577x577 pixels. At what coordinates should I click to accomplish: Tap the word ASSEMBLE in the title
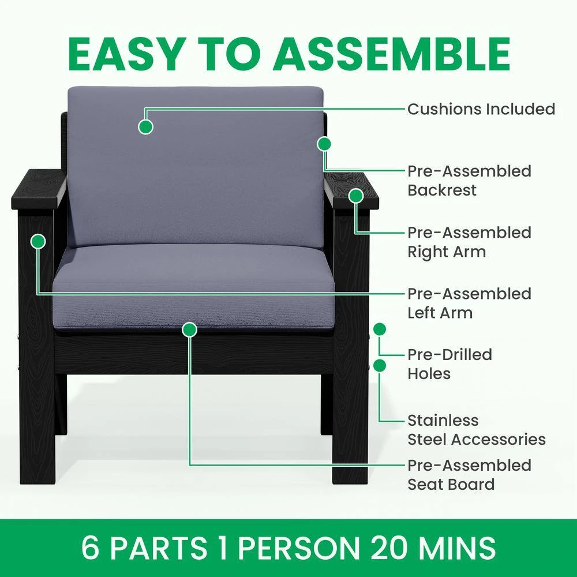point(392,54)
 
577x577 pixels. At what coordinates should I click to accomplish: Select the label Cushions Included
point(481,109)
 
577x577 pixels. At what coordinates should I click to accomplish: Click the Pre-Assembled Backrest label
point(469,181)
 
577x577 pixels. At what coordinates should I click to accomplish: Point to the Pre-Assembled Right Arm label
point(469,242)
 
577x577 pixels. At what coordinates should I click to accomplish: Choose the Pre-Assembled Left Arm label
point(469,304)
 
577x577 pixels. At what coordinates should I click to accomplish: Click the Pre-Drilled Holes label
point(449,364)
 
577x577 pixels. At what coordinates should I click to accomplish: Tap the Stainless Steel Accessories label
point(477,430)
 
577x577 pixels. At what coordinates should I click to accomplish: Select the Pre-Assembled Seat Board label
point(469,475)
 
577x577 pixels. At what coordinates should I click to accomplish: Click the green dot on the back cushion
point(146,127)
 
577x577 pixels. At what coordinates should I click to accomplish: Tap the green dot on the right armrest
point(356,196)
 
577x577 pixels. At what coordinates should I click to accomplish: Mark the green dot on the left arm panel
point(38,241)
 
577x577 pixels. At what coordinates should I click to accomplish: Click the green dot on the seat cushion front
point(189,329)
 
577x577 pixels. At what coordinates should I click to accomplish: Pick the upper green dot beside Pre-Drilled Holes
point(380,329)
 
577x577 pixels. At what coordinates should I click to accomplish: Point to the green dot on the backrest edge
point(324,144)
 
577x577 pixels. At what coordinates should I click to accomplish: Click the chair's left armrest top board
point(38,189)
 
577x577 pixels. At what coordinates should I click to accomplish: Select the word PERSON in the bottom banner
point(299,548)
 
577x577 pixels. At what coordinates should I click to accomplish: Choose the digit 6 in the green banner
point(90,548)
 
